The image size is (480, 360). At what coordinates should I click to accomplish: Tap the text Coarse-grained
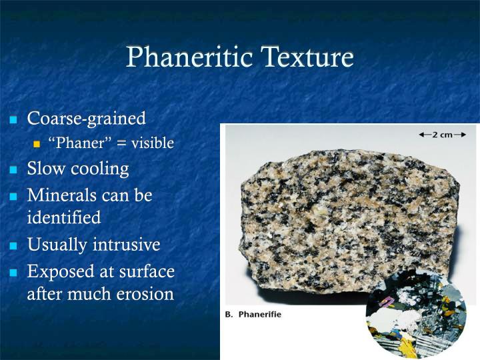(86, 119)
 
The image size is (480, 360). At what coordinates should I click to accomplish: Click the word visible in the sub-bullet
(152, 143)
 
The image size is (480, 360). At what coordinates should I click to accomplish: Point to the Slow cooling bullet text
(78, 169)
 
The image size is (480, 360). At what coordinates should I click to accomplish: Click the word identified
(64, 217)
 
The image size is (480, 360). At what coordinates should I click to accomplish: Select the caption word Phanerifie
(261, 314)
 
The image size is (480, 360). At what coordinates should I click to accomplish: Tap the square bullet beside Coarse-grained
(13, 121)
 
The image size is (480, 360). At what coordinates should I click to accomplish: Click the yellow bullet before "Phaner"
(37, 145)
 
